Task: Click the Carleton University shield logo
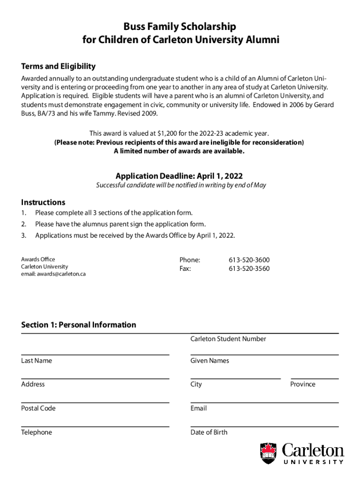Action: pos(268,453)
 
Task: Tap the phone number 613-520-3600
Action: pos(249,260)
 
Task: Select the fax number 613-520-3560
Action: pos(249,269)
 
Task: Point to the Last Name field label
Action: pos(36,361)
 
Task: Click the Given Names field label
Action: pos(209,361)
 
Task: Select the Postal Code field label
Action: pos(38,408)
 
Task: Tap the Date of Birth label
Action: pos(209,432)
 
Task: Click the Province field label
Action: pos(302,384)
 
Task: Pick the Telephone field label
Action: pos(36,432)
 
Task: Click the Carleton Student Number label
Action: pos(228,339)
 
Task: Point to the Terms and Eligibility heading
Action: pos(58,66)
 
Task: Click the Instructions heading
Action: pos(43,203)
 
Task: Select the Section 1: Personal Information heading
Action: pos(79,325)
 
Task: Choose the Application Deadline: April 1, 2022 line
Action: pos(179,176)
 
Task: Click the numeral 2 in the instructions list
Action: pos(23,224)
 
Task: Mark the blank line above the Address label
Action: pos(95,378)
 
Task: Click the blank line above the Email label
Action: pos(264,402)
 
